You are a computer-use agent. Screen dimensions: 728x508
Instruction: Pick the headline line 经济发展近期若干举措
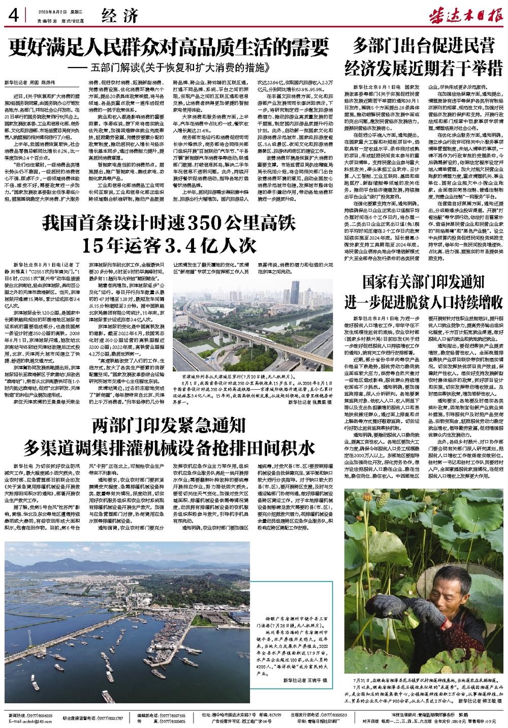pos(425,66)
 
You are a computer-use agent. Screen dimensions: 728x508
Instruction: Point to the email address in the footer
pos(30,721)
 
